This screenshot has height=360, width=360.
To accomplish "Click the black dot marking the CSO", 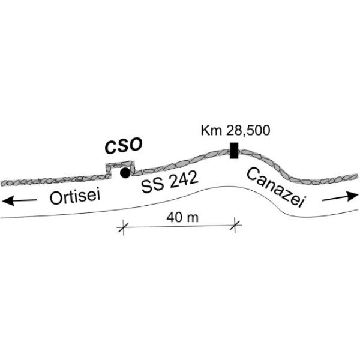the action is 125,173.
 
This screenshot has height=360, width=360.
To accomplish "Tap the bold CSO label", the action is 124,145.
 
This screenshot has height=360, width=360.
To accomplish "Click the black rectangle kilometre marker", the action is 234,151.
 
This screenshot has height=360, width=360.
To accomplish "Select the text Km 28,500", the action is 235,130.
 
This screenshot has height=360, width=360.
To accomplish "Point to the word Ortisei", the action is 75,197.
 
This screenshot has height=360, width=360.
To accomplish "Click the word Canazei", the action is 275,187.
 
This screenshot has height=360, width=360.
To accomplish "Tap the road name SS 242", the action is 170,182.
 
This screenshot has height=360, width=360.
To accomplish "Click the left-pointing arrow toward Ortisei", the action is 20,201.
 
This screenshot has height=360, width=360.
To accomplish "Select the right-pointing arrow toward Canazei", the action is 340,197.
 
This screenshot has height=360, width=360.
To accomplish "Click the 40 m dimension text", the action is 182,217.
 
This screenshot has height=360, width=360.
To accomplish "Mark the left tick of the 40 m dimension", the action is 123,227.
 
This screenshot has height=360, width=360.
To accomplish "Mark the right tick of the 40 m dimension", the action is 235,226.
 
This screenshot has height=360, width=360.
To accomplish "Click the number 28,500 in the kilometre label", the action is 248,131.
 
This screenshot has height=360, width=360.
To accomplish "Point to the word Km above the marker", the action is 211,130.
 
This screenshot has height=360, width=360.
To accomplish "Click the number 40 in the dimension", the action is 174,217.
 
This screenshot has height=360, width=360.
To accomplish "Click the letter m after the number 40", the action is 192,218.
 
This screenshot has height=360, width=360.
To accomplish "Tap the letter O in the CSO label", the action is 136,145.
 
